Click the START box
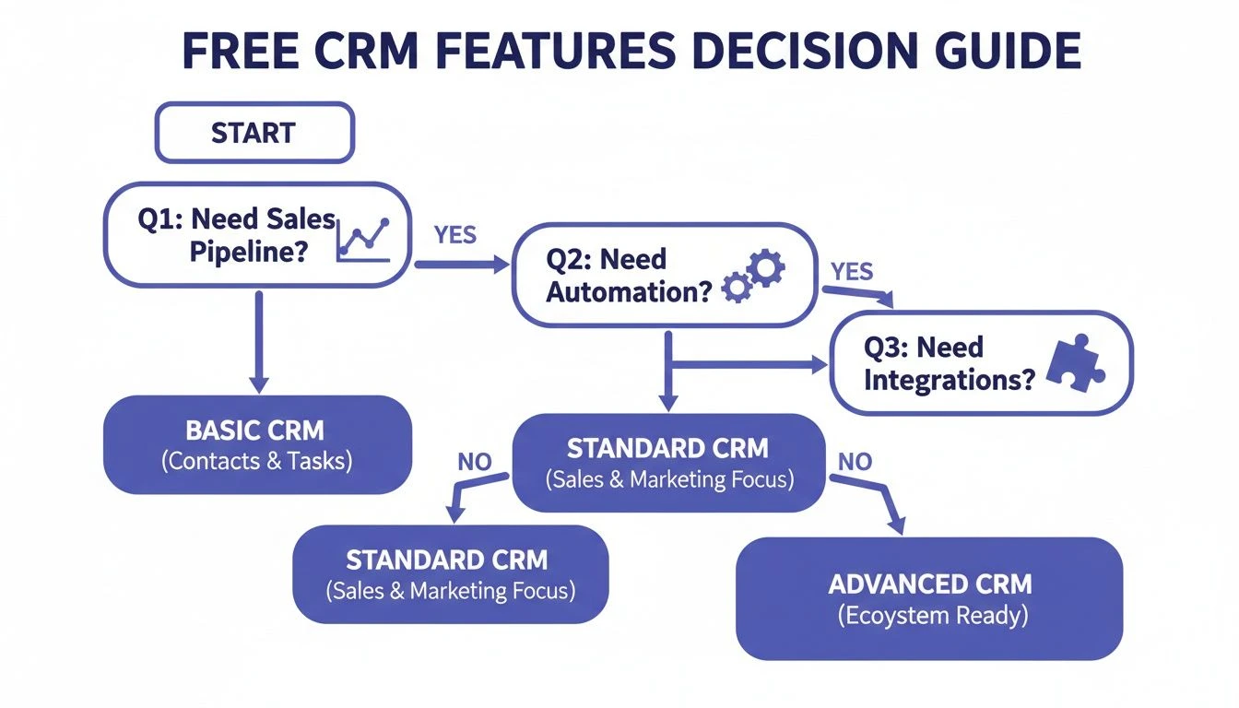coord(254,133)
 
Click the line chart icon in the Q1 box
coord(363,237)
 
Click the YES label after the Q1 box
coord(454,235)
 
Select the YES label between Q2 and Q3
coord(852,271)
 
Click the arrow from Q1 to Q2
coord(461,265)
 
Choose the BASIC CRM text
coord(255,431)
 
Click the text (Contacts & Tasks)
coord(256,461)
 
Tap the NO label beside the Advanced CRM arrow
coord(855,461)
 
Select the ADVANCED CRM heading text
coord(929,584)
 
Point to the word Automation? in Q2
coord(629,292)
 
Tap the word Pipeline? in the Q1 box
coord(247,252)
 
